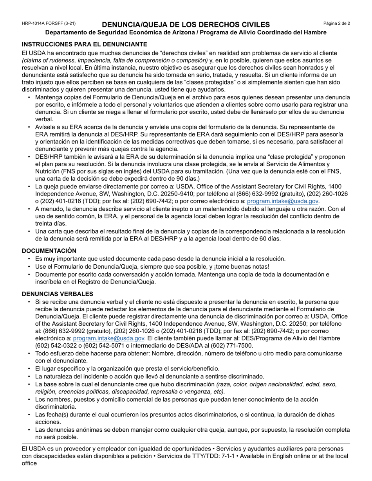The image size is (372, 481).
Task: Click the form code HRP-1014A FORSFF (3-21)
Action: tap(49, 24)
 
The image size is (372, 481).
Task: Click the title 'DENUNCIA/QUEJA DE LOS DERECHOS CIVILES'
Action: tap(186, 25)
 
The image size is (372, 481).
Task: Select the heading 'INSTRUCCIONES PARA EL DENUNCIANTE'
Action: tap(85, 44)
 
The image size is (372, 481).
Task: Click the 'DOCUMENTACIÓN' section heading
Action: tap(49, 251)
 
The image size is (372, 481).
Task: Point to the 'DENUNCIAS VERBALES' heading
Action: tap(57, 294)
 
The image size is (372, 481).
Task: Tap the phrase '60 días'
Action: tap(269, 239)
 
